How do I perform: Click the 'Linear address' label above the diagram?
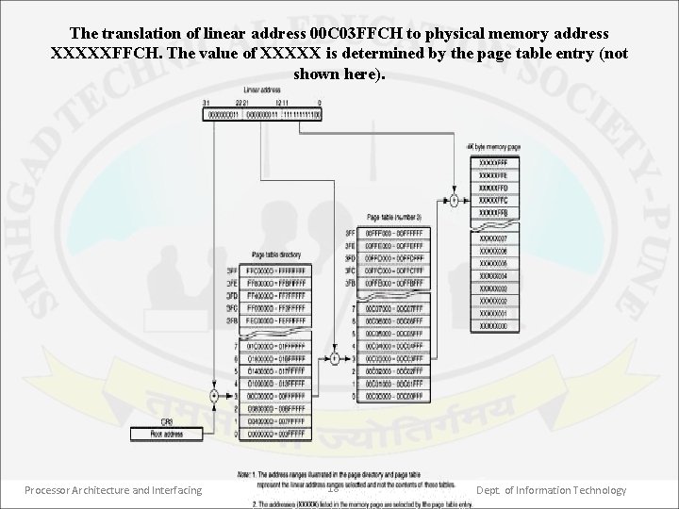tap(249, 90)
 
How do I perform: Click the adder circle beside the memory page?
tap(454, 201)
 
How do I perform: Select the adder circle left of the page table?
tap(335, 358)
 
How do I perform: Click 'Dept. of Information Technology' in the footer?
tap(551, 490)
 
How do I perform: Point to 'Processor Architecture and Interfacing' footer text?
tap(113, 490)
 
